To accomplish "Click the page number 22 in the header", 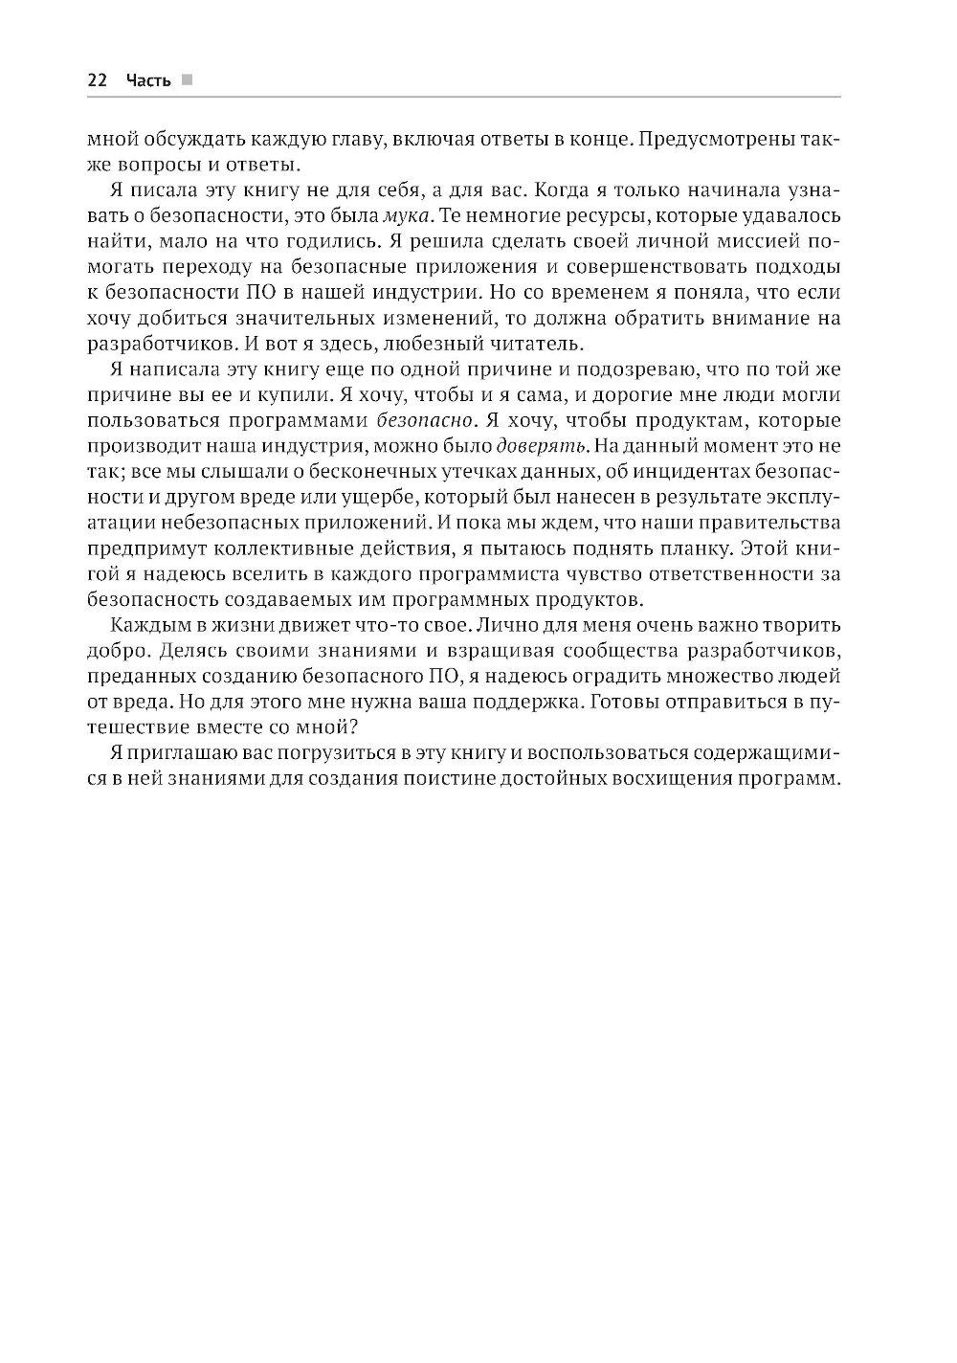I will [97, 80].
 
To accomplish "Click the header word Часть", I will [148, 80].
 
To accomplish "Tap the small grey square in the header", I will [188, 80].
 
